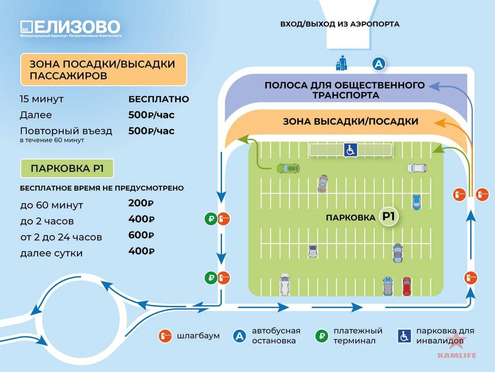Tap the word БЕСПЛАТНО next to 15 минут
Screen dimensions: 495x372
159,99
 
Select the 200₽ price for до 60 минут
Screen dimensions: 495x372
141,203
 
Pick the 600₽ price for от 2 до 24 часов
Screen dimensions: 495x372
141,235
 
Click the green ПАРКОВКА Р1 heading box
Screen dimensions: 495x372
67,168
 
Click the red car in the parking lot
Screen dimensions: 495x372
406,286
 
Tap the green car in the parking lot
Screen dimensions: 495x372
288,168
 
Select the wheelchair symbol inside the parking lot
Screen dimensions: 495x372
350,150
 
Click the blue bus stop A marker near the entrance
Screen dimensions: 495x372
379,64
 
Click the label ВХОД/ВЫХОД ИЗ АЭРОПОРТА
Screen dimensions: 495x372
340,24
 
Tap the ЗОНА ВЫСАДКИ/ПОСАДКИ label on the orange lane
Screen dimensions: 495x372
351,122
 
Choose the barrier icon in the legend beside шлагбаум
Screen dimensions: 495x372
165,336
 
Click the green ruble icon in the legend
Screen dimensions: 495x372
322,336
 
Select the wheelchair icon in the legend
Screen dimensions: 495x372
404,336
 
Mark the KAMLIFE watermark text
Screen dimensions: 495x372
457,355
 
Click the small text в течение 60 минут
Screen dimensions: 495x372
52,140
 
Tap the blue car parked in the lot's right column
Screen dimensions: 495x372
416,202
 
